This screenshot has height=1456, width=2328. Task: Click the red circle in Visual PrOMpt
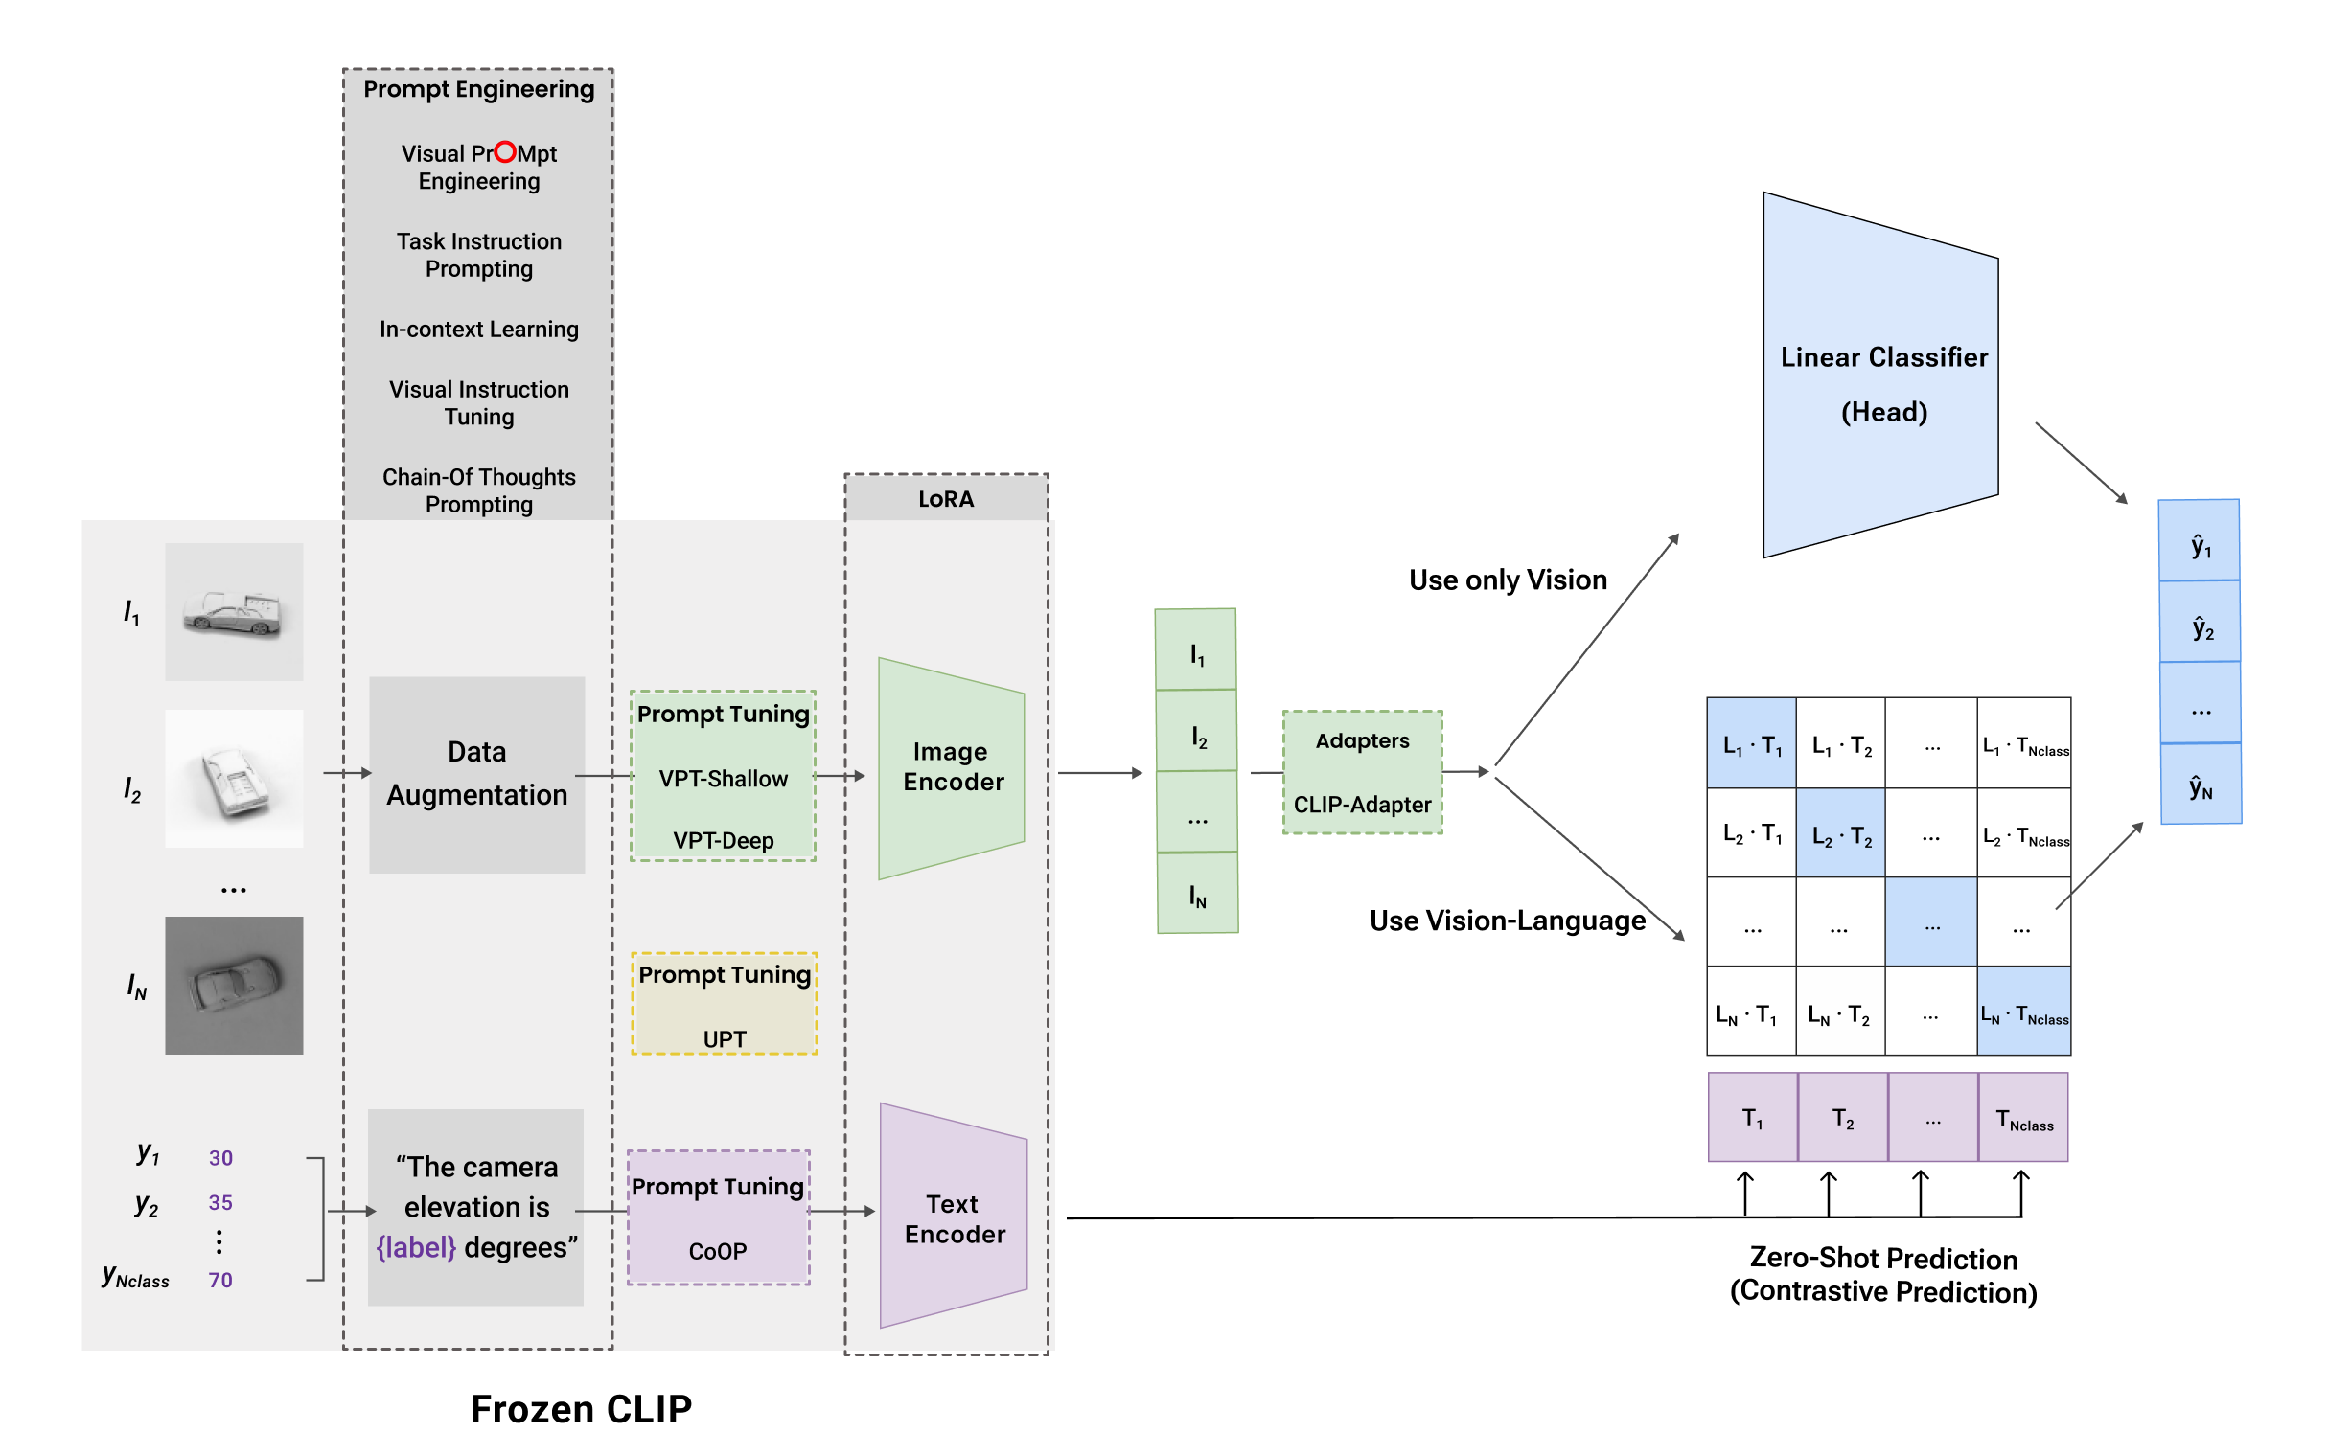tap(505, 152)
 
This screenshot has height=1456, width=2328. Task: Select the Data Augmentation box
tap(476, 774)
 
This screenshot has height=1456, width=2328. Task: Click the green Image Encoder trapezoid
tap(951, 767)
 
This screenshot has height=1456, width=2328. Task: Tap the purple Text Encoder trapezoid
tap(954, 1217)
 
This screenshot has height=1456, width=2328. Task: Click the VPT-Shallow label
tap(723, 778)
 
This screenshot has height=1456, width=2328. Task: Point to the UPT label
tap(724, 1038)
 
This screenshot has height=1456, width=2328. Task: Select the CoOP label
tap(718, 1250)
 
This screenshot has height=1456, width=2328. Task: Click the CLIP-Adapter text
tap(1361, 804)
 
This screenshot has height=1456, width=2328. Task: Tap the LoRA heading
tap(946, 499)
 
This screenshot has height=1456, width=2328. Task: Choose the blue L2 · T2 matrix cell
tap(1839, 834)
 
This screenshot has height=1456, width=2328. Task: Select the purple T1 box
tap(1751, 1117)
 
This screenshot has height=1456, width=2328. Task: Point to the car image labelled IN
tap(234, 984)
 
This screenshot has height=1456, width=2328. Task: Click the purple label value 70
tap(220, 1279)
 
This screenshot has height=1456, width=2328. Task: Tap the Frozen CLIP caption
tap(581, 1408)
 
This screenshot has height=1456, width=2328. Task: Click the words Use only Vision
tap(1508, 580)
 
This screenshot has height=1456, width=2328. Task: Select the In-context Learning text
tap(478, 330)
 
